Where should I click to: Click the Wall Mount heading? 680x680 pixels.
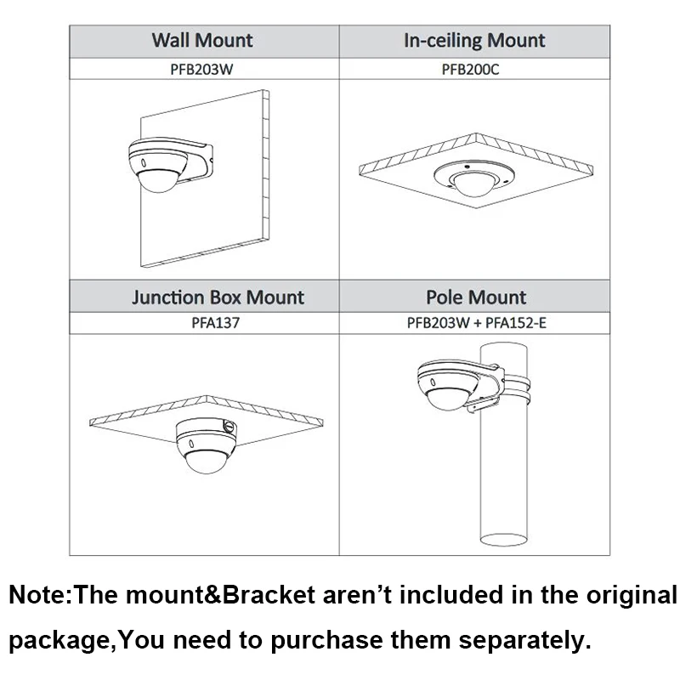click(x=202, y=40)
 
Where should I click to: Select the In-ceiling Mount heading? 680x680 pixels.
click(x=474, y=40)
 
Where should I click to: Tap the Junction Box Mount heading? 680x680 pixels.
click(x=218, y=297)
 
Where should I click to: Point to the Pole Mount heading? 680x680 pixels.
click(x=476, y=297)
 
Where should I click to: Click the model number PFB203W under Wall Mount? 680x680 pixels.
click(x=202, y=69)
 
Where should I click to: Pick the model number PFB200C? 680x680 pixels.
click(x=474, y=69)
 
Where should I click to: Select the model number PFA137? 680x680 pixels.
click(x=204, y=324)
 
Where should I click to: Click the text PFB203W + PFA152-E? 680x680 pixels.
click(x=476, y=324)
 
